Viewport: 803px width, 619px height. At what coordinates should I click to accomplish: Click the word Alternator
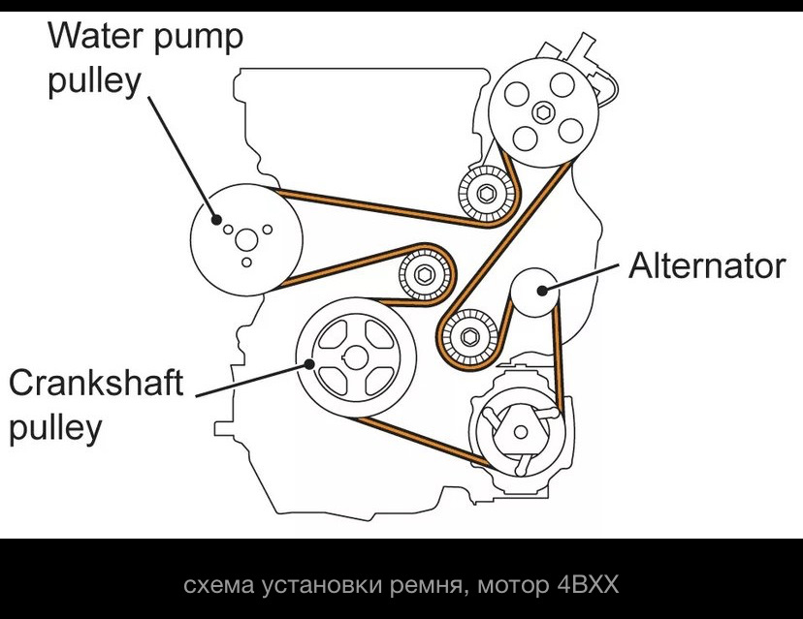coord(706,265)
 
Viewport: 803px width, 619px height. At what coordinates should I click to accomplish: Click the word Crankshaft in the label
coord(96,383)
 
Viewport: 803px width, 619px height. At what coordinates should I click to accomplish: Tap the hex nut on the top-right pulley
coord(546,109)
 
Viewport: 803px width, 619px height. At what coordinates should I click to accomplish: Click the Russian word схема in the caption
coord(215,586)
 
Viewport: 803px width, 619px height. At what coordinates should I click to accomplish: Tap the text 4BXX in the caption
coord(587,586)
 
